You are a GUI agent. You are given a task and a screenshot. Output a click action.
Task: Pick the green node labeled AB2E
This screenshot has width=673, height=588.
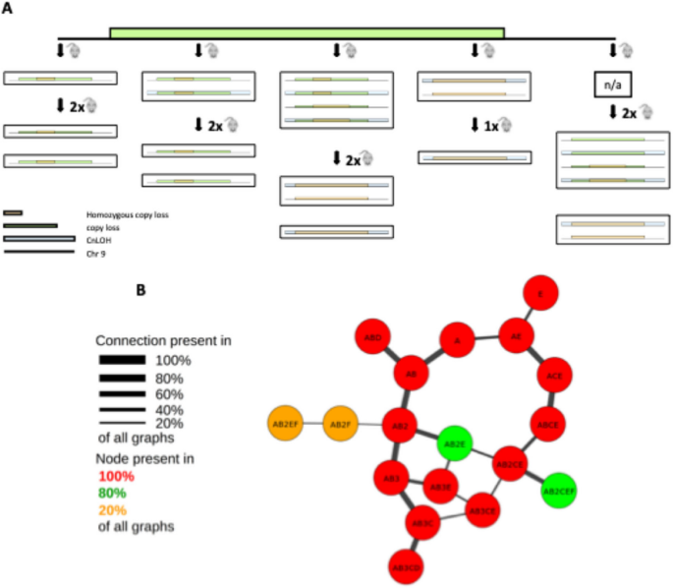[454, 443]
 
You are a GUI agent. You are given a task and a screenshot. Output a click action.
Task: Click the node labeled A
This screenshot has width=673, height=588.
[457, 341]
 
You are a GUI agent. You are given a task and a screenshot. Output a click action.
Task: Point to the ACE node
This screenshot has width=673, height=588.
[554, 376]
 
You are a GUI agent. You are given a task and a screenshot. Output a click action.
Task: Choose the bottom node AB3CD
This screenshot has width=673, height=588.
[406, 566]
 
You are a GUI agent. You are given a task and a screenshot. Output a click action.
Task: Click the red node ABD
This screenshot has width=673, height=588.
[373, 337]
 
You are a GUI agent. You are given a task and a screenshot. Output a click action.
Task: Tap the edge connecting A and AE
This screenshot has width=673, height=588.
[486, 338]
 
